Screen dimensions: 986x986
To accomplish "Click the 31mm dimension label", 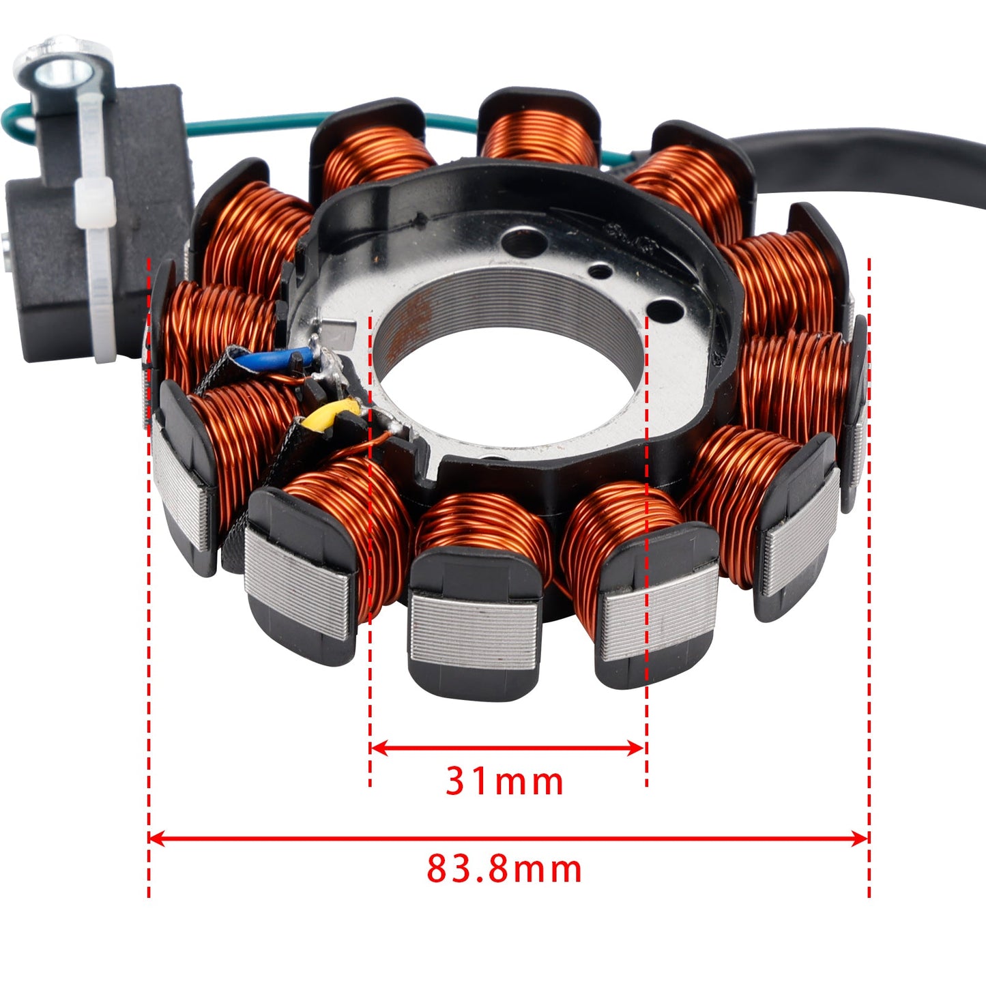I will (x=504, y=781).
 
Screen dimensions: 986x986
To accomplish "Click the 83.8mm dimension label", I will (x=504, y=869).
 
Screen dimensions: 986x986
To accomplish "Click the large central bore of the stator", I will (x=508, y=379).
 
